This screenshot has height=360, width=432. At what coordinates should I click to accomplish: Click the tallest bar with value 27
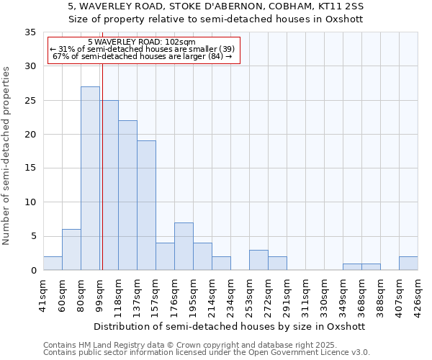coord(90,179)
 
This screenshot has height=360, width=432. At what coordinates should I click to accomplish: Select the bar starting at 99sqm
coord(109,185)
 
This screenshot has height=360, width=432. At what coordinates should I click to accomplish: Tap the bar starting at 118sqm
coord(127,195)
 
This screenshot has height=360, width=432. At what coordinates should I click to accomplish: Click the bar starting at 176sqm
coord(184,246)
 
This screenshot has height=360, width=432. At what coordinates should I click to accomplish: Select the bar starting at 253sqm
coord(258,260)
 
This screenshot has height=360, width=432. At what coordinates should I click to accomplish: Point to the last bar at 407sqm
coord(408,264)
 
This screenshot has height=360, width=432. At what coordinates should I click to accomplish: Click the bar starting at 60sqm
coord(71,250)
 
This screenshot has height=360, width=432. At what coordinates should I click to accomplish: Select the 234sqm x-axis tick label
coord(230,294)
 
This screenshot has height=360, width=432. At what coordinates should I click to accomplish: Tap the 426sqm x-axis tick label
coord(418,294)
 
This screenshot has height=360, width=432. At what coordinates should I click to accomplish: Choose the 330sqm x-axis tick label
coord(324,294)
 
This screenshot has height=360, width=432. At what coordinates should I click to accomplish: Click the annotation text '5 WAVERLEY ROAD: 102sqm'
coord(142,42)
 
